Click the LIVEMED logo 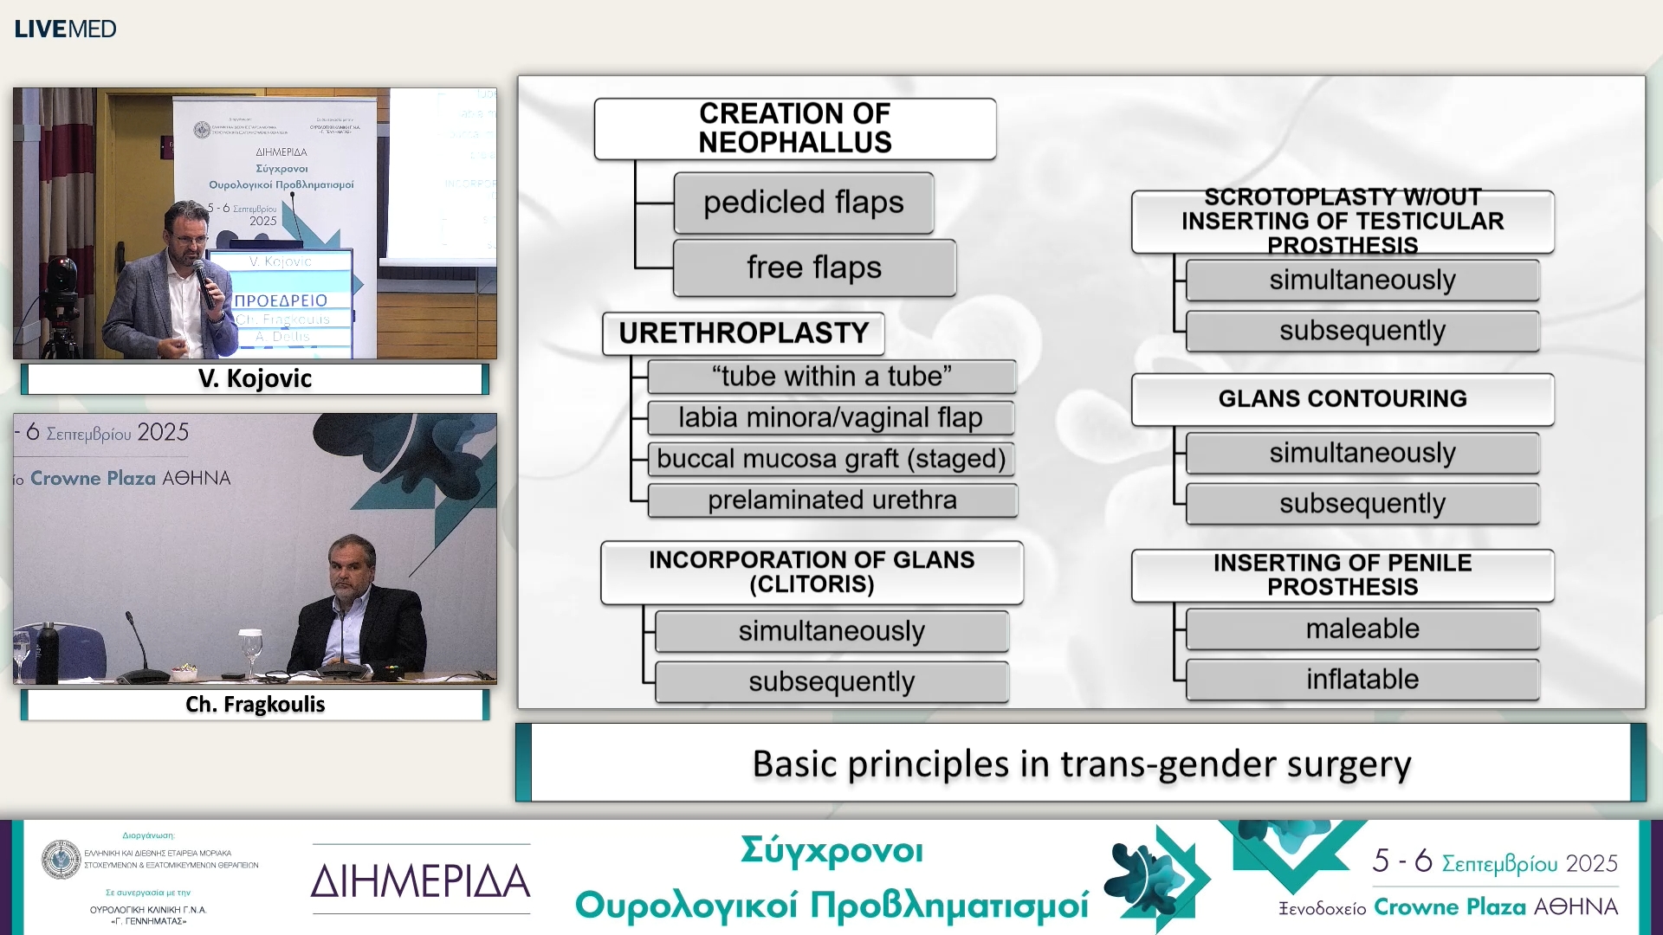point(65,29)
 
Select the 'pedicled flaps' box point(803,203)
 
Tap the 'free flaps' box point(814,268)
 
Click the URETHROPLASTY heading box point(743,333)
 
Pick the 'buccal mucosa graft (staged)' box point(831,459)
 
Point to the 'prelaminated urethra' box point(831,500)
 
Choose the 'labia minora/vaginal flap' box point(830,418)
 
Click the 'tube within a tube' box point(831,377)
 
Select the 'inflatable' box point(1362,680)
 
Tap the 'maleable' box point(1362,629)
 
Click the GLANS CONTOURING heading point(1342,399)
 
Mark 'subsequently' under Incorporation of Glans point(831,682)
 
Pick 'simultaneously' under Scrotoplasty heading point(1362,280)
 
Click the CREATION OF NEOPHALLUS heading point(794,128)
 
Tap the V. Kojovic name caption point(255,378)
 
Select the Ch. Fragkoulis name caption point(255,704)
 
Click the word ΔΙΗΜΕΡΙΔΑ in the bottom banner point(420,880)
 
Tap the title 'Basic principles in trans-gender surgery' point(1081,764)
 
